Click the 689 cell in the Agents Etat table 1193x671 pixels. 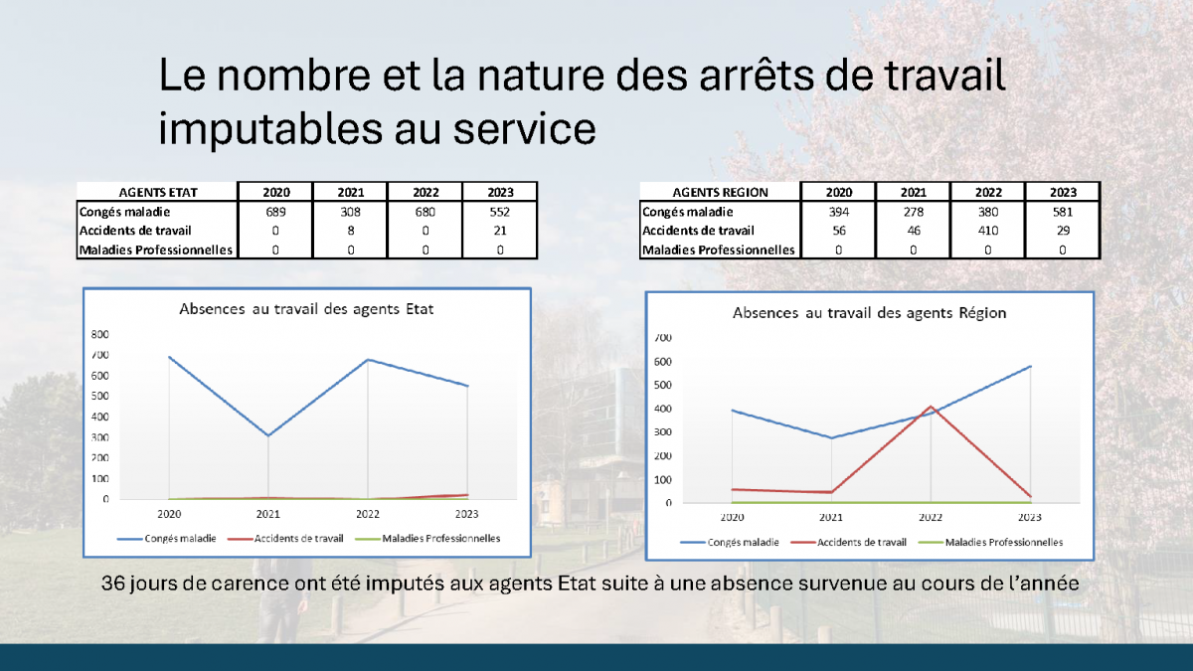(x=275, y=212)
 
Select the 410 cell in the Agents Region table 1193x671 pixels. (x=988, y=231)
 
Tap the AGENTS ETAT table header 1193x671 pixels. (x=158, y=192)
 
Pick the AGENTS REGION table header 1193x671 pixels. (x=720, y=192)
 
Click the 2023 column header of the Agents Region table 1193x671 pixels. (x=1063, y=192)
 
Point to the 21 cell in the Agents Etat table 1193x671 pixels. (x=500, y=231)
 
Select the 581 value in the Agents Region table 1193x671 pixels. (x=1063, y=212)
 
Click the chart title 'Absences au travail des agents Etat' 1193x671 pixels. (x=306, y=309)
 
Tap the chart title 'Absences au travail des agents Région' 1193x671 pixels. (x=869, y=312)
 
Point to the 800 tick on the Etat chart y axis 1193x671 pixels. (x=99, y=334)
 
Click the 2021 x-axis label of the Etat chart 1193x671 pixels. (x=267, y=514)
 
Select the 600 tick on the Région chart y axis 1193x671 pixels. (x=662, y=362)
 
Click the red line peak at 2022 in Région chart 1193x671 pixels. (x=931, y=407)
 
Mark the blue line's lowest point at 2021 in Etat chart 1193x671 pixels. (x=268, y=435)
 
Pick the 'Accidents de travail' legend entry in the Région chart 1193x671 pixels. (x=848, y=543)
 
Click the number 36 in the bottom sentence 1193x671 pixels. (x=113, y=584)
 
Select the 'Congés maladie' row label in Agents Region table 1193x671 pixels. (x=687, y=212)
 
